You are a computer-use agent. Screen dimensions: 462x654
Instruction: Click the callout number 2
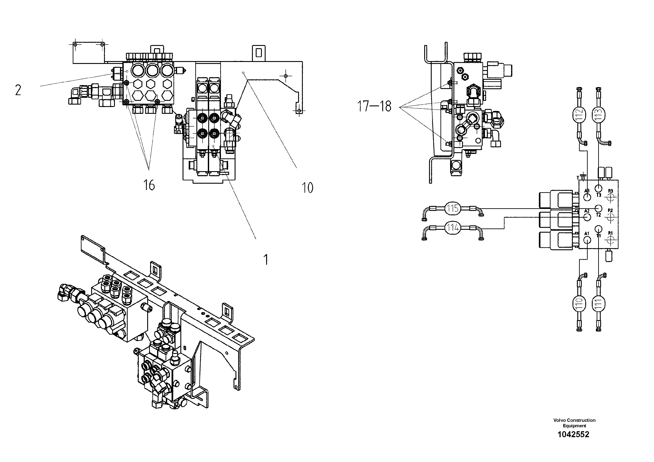pos(18,91)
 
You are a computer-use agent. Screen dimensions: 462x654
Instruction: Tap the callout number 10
pos(307,188)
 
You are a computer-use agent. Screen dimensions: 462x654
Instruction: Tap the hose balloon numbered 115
pos(453,208)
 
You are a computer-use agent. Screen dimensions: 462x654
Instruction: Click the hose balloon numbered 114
pos(453,228)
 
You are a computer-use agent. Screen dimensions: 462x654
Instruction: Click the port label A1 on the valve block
pos(587,234)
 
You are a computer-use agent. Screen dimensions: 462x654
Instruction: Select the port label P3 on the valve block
pos(611,191)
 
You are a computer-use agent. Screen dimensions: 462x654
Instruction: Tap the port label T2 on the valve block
pos(598,215)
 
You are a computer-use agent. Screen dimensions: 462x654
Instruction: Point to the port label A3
pos(587,190)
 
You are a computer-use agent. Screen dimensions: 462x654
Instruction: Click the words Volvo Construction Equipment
pos(574,423)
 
